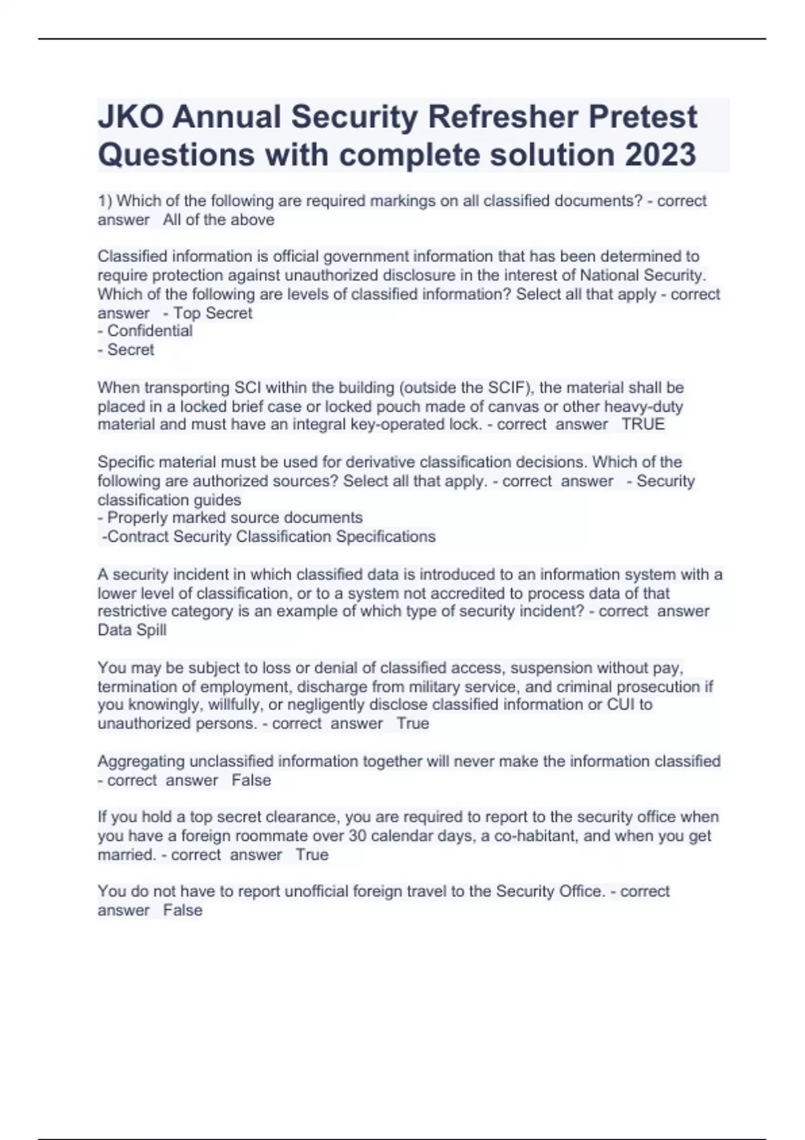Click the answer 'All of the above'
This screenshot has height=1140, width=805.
219,220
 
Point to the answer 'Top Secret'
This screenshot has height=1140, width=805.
213,313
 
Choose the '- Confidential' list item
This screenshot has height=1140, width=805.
145,331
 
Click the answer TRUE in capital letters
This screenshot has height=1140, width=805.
643,424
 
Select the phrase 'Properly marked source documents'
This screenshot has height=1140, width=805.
235,518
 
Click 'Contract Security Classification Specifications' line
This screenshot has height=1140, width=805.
268,536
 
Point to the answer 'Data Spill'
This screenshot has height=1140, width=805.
132,630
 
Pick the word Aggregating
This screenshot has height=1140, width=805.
142,762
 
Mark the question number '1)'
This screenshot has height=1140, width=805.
105,201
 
